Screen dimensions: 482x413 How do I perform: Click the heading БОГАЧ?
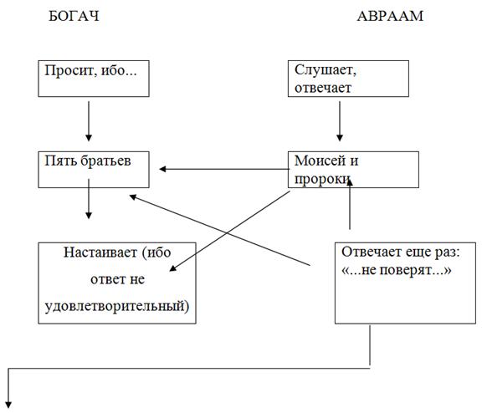(74, 16)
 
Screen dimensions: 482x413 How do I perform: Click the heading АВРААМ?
(390, 16)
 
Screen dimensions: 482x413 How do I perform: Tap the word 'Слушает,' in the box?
(326, 70)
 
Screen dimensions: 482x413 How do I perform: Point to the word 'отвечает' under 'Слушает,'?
(323, 88)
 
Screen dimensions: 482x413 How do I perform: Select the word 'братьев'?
(105, 161)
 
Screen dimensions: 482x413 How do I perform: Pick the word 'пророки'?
(322, 179)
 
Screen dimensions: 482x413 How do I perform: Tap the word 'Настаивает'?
(100, 252)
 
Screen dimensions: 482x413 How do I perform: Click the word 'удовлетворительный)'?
(117, 306)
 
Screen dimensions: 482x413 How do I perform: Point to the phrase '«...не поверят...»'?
(397, 270)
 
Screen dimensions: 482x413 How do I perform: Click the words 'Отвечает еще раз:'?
(401, 252)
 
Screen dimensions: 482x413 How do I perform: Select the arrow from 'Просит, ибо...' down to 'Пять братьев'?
(89, 121)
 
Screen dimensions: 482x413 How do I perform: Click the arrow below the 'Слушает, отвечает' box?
(340, 121)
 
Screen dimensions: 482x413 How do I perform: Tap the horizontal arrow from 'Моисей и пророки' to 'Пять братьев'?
(224, 169)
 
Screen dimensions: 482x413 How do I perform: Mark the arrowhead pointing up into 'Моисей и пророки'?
(350, 182)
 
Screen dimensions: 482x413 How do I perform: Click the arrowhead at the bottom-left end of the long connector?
(8, 405)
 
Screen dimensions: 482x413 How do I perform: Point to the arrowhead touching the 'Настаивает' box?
(173, 268)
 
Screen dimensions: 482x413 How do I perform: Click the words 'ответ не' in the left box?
(117, 279)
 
